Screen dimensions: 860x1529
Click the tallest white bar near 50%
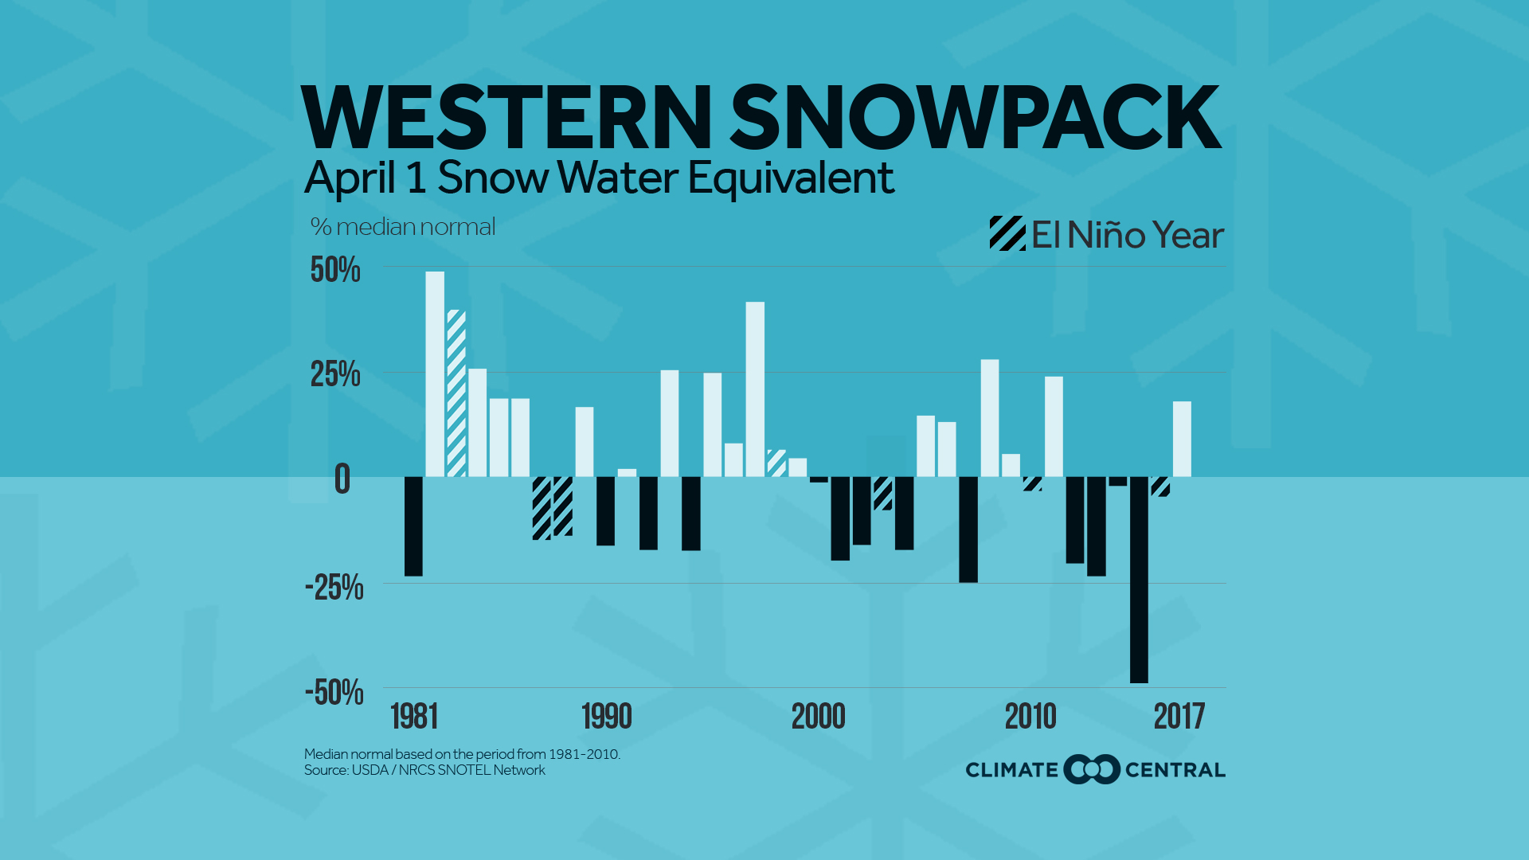435,374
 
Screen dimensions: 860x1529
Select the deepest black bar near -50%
1139,580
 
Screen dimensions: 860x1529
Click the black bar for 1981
413,526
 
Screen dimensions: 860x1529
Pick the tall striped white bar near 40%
456,393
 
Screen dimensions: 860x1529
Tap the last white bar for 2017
1182,439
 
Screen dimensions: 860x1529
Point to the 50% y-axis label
335,270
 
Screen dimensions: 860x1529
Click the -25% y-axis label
334,588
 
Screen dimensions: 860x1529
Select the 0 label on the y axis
342,479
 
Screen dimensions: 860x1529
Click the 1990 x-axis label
607,717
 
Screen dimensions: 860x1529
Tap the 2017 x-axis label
1179,717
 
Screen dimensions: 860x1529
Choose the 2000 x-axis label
818,717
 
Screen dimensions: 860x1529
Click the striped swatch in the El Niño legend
1007,234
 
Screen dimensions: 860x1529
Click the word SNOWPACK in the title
975,119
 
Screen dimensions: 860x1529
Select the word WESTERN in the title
506,119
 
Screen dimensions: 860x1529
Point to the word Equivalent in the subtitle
791,178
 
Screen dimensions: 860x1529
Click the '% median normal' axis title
403,227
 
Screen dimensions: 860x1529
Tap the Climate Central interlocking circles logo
1092,769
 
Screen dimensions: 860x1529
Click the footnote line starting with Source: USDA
424,770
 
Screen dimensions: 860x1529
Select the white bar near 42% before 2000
755,389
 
